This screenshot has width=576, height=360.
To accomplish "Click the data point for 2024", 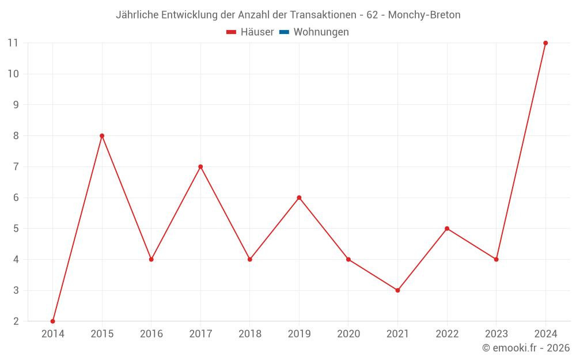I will coord(545,43).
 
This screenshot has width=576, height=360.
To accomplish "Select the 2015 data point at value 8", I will coord(102,136).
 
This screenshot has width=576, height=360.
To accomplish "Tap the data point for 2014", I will coord(53,321).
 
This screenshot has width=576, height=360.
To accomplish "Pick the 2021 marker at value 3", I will coord(397,290).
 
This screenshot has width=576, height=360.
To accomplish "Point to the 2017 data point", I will coord(200,167).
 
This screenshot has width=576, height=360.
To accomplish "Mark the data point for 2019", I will coord(299,198).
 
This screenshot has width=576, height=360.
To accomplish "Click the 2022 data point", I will coord(447,229).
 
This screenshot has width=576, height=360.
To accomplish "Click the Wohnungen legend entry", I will coord(321,32).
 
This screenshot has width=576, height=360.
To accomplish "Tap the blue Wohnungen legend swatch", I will coord(284,32).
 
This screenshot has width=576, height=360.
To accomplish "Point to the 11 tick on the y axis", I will coord(13,43).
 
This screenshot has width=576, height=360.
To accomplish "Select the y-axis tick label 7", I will coord(16,167).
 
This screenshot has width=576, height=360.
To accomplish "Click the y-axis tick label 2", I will coord(16,321).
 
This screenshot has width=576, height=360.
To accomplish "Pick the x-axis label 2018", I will coord(250,334).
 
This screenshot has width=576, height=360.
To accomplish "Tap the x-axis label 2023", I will coord(496,334).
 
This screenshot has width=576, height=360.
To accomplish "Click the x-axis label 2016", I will coord(151,334).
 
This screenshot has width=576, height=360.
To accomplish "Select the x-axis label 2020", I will coord(348,334).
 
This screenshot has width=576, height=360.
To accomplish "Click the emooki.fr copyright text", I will coord(526,348).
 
